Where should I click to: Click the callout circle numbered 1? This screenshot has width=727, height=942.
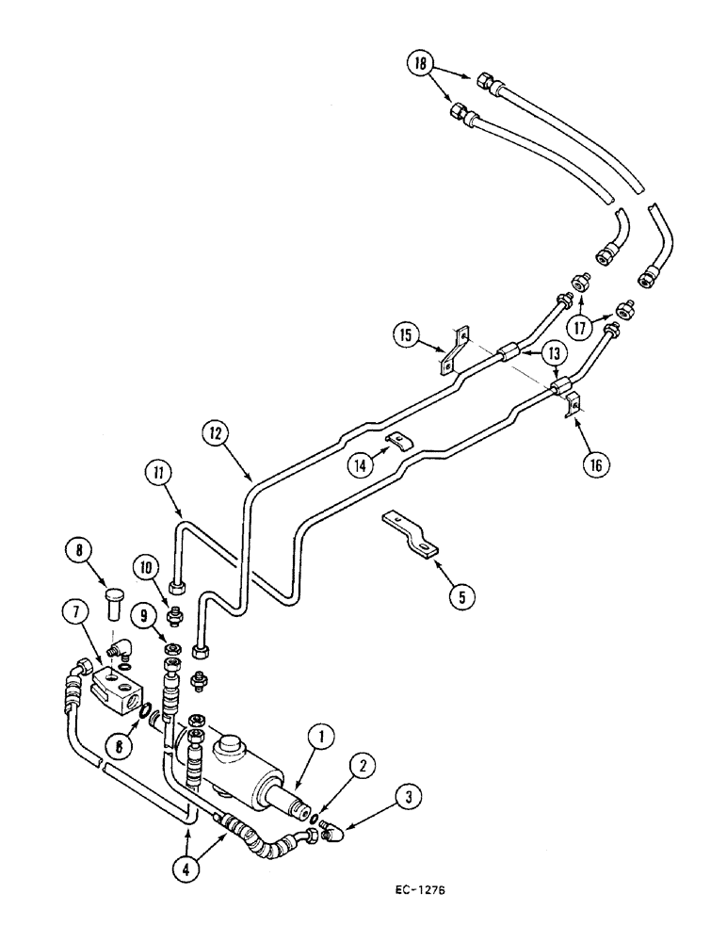(x=321, y=736)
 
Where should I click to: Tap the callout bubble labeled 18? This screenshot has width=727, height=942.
(x=421, y=65)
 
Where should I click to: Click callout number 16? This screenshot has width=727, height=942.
(x=597, y=465)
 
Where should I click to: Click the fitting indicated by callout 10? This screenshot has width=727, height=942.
(x=172, y=618)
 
